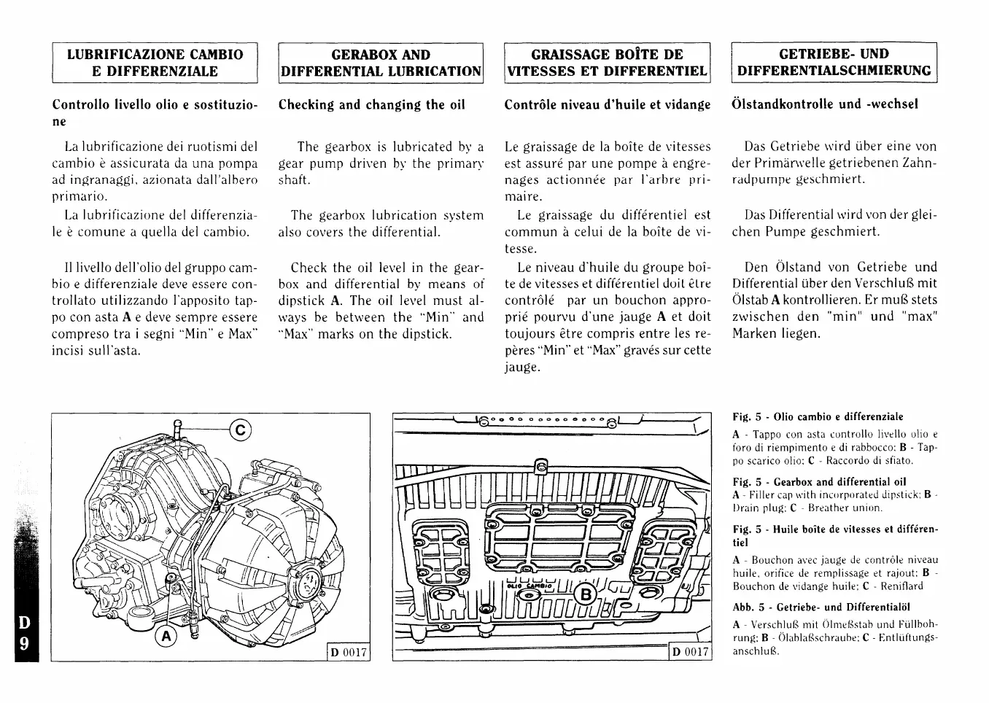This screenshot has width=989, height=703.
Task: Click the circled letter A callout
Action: [166, 636]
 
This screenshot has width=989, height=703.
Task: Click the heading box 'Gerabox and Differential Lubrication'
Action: [381, 63]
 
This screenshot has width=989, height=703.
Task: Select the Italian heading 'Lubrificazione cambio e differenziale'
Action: [155, 63]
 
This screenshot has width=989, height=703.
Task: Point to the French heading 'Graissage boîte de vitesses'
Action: [607, 63]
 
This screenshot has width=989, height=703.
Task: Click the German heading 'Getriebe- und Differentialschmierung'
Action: [834, 63]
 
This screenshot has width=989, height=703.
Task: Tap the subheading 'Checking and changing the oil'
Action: [372, 104]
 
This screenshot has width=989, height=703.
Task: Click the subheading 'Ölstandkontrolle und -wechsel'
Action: [825, 104]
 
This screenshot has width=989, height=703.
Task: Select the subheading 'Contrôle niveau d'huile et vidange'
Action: [607, 104]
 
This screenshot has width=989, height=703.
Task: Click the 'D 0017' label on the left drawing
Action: [348, 651]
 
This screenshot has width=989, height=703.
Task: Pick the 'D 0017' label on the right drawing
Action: [689, 651]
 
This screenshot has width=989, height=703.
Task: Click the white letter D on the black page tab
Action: [24, 624]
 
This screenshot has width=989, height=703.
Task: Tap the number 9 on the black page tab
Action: [24, 645]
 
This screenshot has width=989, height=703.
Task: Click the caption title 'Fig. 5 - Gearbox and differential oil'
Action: [819, 482]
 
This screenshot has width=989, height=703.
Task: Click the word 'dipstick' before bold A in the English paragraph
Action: [303, 300]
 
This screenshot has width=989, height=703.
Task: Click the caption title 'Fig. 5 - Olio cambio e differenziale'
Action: [818, 417]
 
